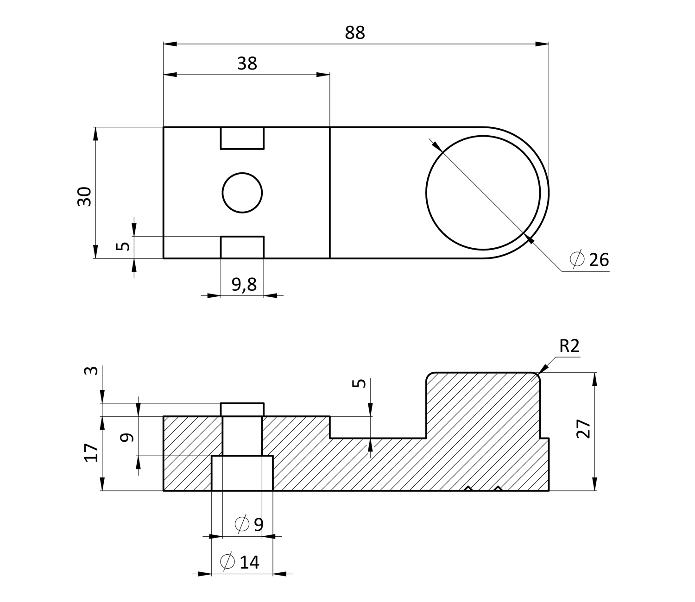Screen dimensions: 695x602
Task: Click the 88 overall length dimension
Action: (355, 33)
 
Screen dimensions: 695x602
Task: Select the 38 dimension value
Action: (247, 63)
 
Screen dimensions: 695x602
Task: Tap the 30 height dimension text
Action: (84, 196)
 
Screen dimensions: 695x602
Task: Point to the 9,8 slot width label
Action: (244, 285)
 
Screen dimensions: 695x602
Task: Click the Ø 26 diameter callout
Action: (589, 259)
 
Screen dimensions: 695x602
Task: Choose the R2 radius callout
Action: (569, 346)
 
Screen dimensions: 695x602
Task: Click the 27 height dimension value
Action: (583, 429)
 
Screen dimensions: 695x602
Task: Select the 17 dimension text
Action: (91, 452)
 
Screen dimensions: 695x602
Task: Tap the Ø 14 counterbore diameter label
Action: (240, 562)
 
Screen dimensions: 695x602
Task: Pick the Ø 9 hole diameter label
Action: (249, 524)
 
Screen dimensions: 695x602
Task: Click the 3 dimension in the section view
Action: (91, 370)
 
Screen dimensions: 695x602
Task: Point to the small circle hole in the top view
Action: (242, 193)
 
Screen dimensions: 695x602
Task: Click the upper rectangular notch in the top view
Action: (242, 138)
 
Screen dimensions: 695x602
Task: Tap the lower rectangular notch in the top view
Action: (242, 247)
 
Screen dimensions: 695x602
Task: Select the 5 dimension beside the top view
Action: (123, 246)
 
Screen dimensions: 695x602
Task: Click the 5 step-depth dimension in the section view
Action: (359, 383)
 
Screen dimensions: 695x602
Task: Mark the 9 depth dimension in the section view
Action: (127, 437)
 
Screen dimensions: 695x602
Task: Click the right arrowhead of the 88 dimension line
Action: (542, 44)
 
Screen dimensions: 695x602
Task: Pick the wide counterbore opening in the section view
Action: (242, 473)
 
